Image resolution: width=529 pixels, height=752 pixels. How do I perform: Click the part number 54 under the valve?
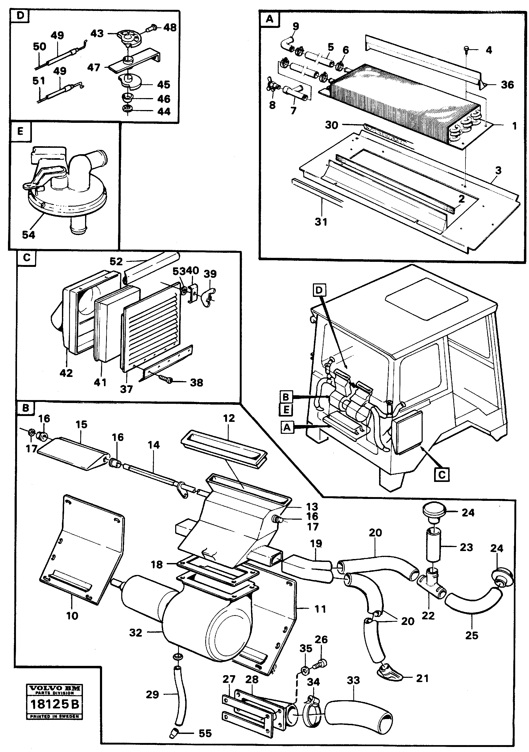click(x=28, y=234)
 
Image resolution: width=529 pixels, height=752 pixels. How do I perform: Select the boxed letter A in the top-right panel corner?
click(x=269, y=19)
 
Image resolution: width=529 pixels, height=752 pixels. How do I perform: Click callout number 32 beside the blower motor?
click(x=135, y=632)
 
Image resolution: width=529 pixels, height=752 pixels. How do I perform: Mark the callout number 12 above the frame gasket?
click(x=229, y=418)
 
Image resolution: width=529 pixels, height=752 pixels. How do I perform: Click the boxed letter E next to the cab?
click(x=286, y=409)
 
